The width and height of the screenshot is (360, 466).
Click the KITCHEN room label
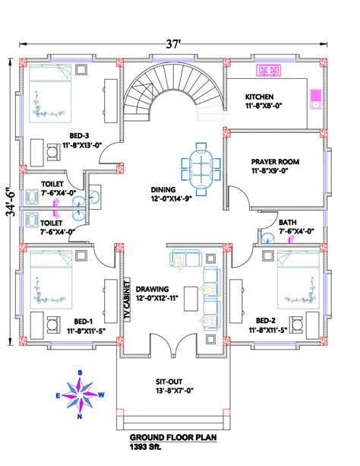[259, 97]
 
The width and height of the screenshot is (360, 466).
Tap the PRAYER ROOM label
[275, 162]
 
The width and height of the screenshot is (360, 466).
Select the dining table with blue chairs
[201, 169]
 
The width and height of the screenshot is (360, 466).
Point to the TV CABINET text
[127, 300]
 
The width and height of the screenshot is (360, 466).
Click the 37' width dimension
[173, 44]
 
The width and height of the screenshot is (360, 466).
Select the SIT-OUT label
[169, 382]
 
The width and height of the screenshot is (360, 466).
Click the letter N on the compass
[80, 417]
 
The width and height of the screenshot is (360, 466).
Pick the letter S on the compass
[80, 372]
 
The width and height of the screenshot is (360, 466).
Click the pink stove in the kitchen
[269, 71]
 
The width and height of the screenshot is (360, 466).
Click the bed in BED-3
[50, 93]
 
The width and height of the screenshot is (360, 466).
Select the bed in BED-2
[298, 280]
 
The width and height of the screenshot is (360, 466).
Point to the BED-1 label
[84, 322]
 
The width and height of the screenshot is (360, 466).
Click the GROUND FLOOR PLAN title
[173, 437]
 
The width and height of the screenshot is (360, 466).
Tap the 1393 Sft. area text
[145, 447]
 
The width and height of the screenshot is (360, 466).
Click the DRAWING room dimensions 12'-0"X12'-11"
[157, 298]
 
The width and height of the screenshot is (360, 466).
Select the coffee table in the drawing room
[191, 299]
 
